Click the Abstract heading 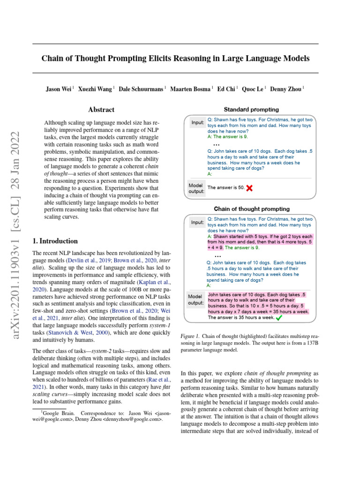coord(101,110)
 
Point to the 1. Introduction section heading coord(55,241)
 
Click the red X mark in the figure coord(249,187)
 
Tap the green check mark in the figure coord(279,317)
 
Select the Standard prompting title coord(251,110)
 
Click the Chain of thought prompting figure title coord(252,209)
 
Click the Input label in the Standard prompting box coord(197,123)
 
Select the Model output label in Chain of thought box coord(195,300)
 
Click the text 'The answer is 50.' coord(225,187)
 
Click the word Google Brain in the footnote coord(58,413)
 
